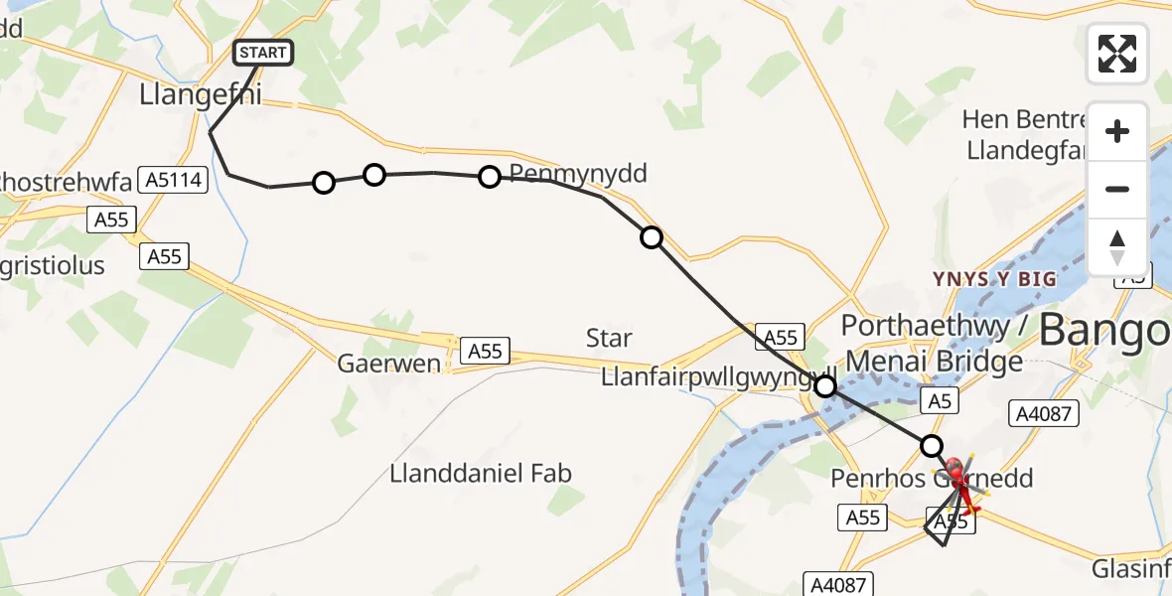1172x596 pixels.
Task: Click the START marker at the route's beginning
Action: (x=262, y=52)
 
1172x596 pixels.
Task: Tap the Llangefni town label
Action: (x=200, y=96)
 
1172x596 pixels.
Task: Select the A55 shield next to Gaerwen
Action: (x=485, y=350)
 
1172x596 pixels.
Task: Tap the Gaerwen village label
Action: (x=389, y=363)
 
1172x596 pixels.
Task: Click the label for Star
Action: (x=609, y=338)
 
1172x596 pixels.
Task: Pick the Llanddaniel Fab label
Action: (x=482, y=473)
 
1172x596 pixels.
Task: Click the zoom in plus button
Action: (x=1117, y=131)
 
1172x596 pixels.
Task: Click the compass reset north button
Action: (x=1117, y=246)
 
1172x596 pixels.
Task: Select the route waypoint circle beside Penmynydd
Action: (x=489, y=177)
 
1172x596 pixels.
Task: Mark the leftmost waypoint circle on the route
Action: (x=323, y=182)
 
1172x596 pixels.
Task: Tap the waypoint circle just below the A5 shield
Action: (x=931, y=445)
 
